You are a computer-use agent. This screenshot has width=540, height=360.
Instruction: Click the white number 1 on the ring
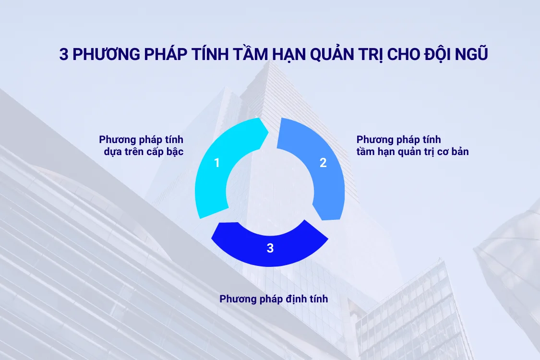tap(216, 163)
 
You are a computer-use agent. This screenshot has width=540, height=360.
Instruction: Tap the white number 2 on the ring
tap(323, 163)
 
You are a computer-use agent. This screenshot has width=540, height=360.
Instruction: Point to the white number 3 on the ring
tap(270, 248)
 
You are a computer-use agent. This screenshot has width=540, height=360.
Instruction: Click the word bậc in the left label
tap(174, 152)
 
